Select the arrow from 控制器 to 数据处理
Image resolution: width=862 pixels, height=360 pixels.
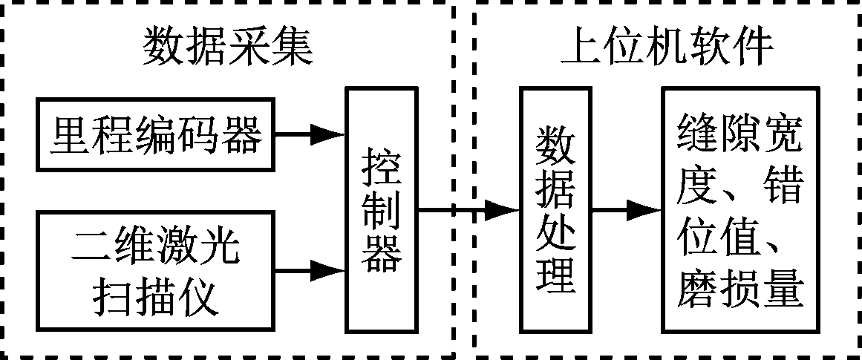(468, 210)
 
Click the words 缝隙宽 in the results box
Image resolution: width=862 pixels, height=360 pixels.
(740, 135)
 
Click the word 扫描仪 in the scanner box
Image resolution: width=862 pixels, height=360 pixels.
(156, 298)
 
